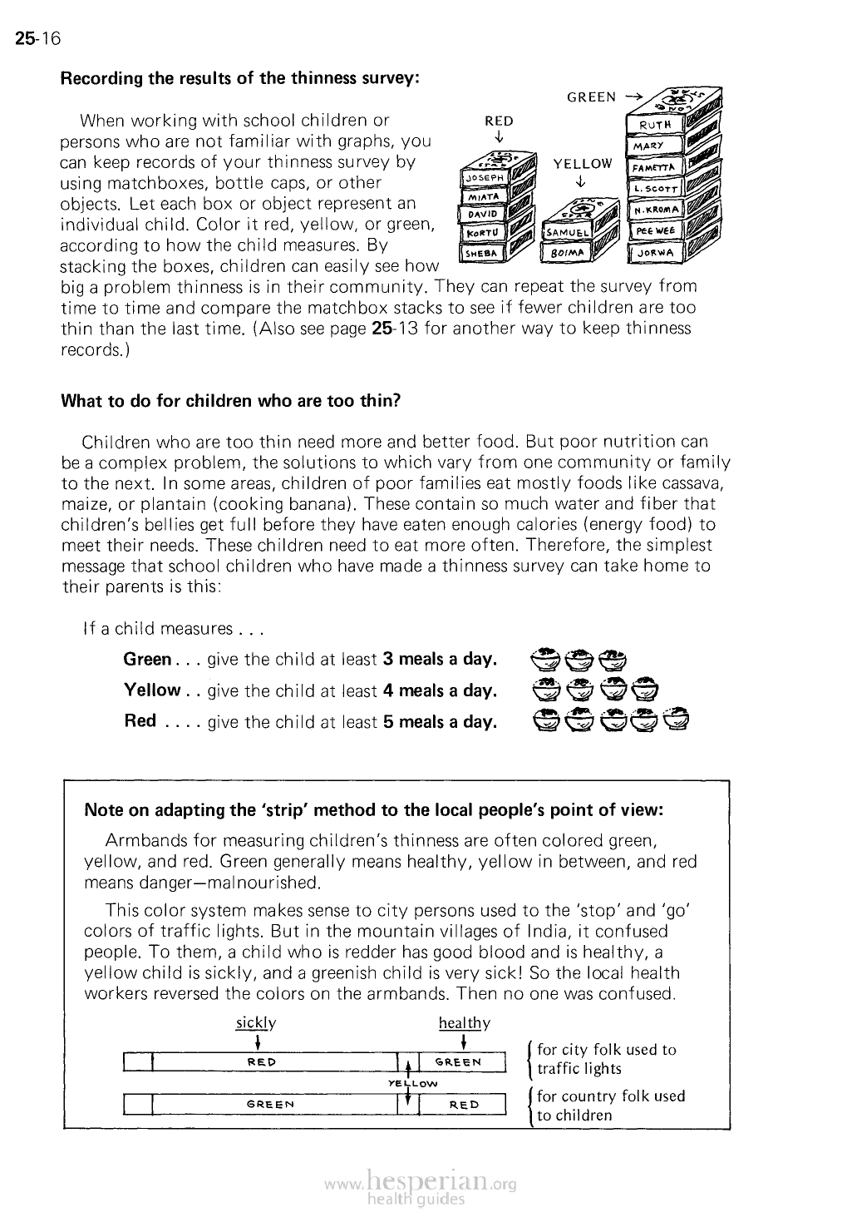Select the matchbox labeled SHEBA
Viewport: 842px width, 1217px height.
483,251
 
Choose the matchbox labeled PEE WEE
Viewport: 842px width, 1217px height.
655,230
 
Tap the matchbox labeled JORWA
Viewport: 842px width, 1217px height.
657,251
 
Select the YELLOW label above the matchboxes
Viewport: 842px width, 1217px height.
582,165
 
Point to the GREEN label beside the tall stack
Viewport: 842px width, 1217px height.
591,97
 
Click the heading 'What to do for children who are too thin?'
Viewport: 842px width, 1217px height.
231,400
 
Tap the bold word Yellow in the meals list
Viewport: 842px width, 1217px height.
151,690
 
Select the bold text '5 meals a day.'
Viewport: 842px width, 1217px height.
440,721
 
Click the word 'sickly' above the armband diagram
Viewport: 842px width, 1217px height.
255,1022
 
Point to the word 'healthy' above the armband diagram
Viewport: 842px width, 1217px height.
464,1023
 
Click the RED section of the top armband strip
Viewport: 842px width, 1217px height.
262,1062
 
